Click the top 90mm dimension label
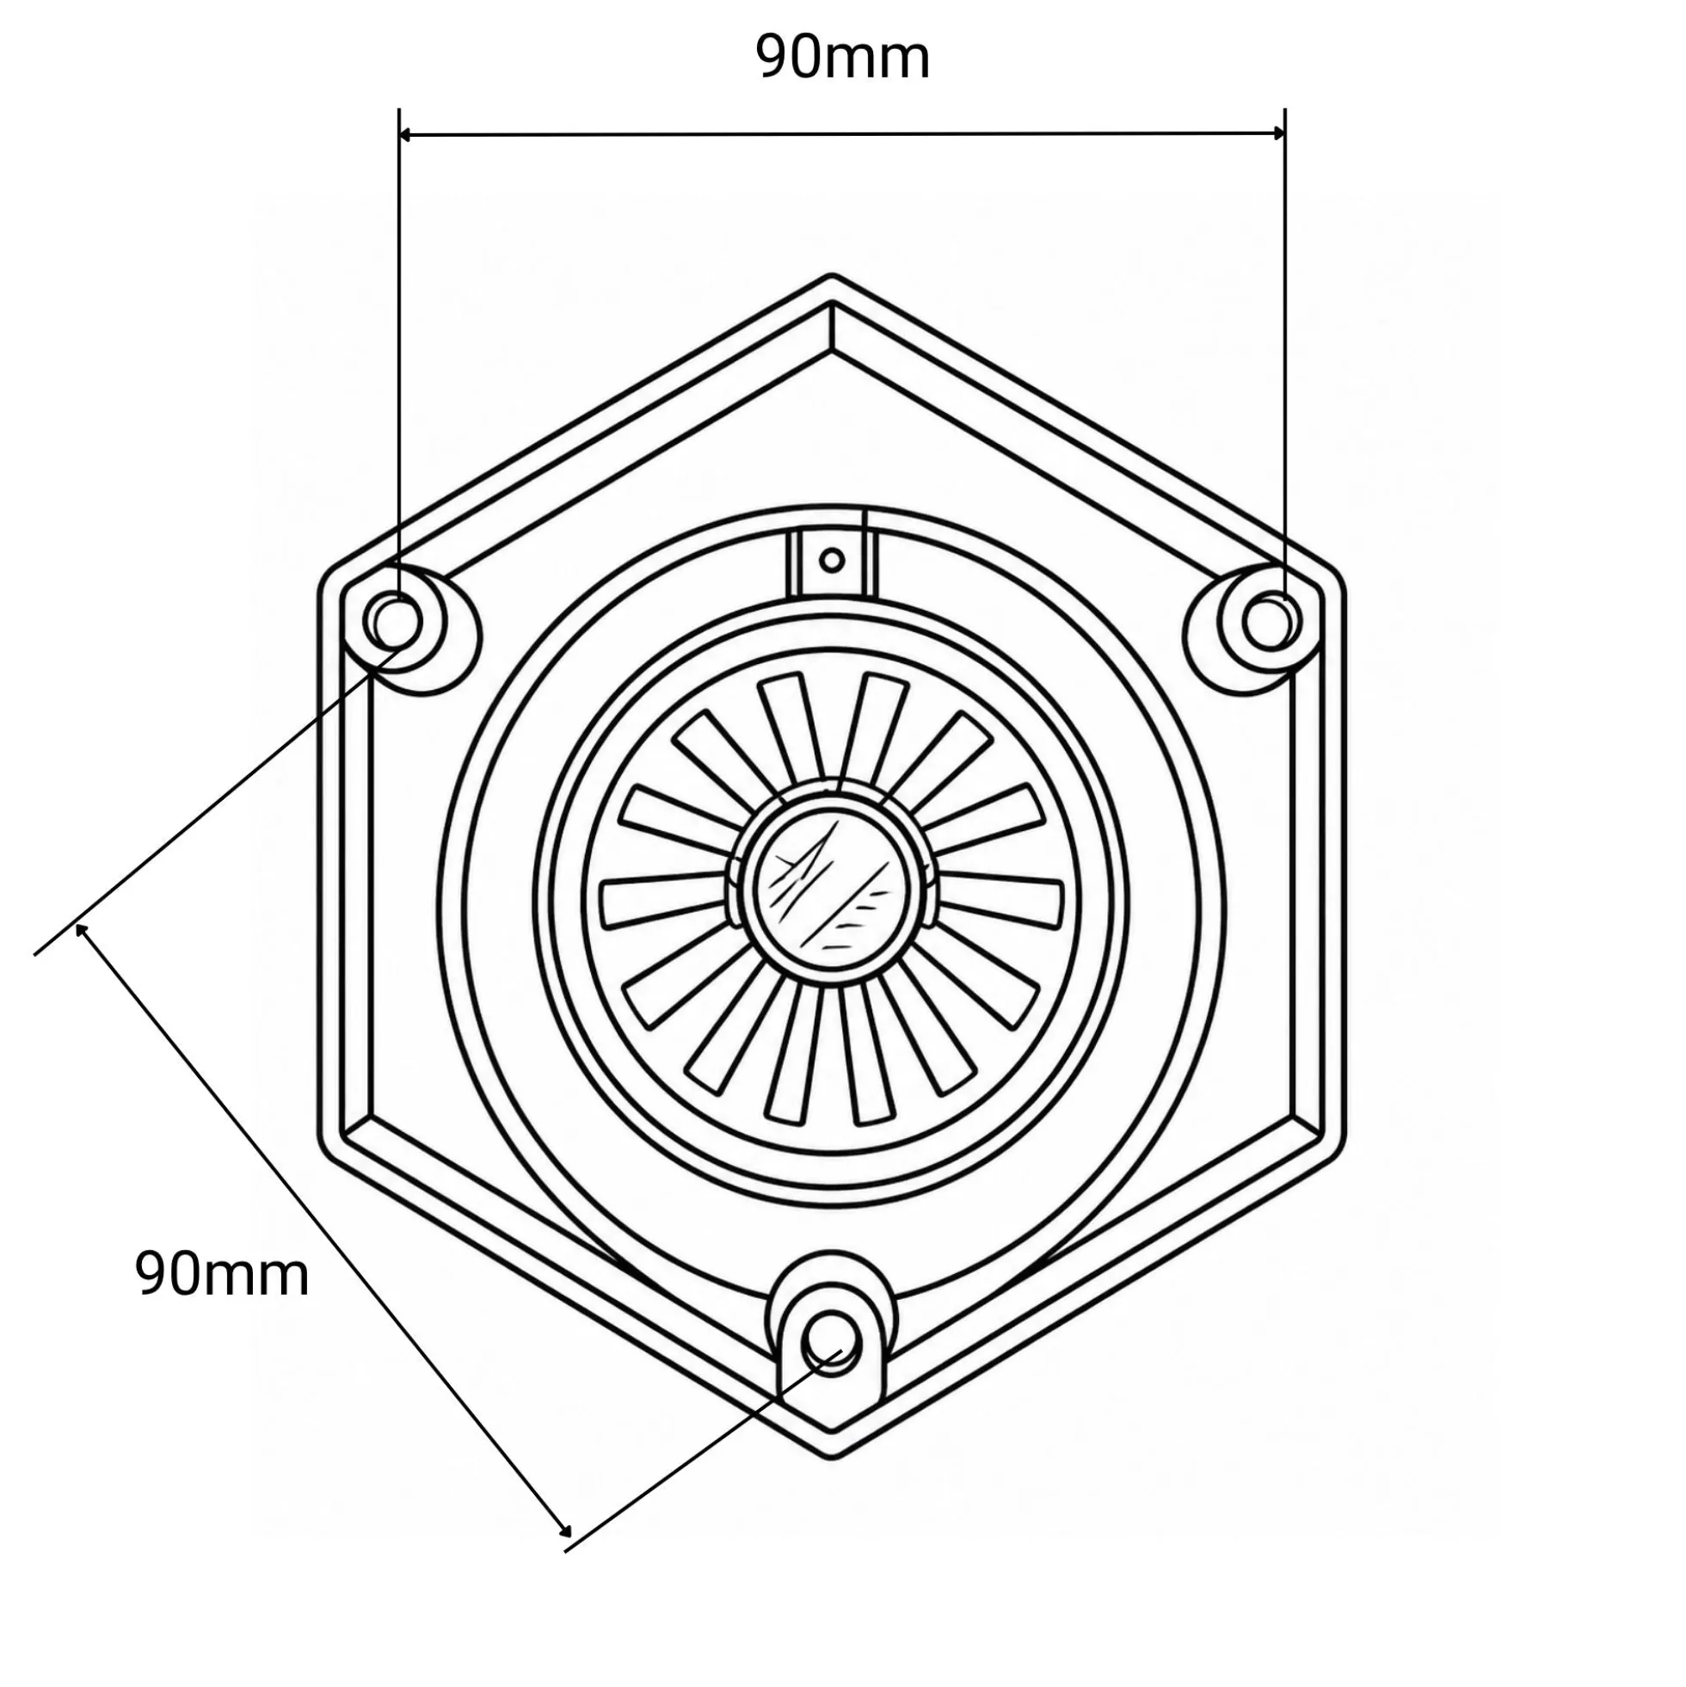coord(842,58)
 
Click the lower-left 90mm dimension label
coord(222,1274)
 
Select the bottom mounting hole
coord(832,1338)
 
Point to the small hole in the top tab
coord(832,560)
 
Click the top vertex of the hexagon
coord(831,277)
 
